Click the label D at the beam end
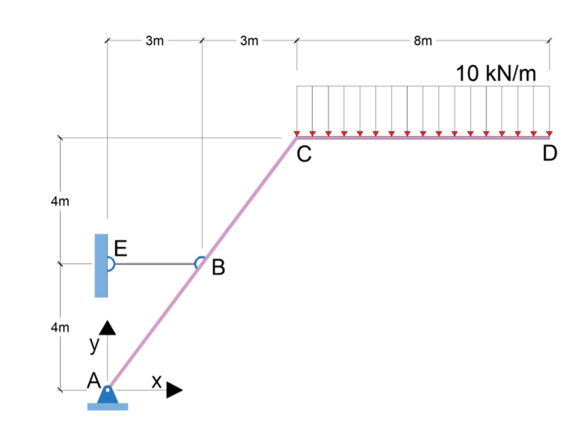[550, 155]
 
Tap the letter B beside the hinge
[218, 267]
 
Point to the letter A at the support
[93, 381]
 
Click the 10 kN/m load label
[496, 74]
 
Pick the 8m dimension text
[422, 40]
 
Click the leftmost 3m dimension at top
[154, 40]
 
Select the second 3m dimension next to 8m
[249, 40]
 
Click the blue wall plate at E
[100, 265]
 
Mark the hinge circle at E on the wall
[109, 263]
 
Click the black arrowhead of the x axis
[174, 390]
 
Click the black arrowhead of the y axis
[108, 328]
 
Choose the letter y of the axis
[94, 345]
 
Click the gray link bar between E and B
[154, 263]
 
